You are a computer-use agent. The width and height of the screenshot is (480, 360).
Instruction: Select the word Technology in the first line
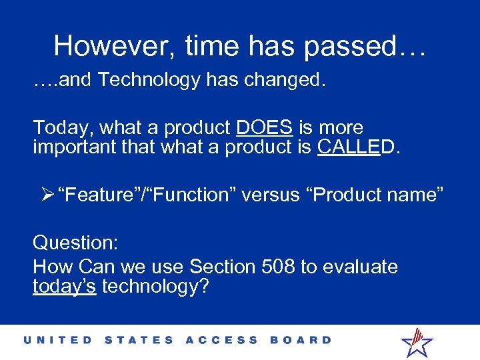click(x=149, y=80)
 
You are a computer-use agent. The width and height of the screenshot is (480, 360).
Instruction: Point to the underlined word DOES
click(x=265, y=127)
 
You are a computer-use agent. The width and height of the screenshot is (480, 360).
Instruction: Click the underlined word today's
click(x=65, y=287)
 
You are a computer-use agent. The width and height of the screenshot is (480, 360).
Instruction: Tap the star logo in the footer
click(x=417, y=342)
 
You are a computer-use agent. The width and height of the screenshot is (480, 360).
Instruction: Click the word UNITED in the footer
click(x=58, y=340)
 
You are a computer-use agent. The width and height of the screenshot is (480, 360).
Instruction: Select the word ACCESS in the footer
click(x=221, y=340)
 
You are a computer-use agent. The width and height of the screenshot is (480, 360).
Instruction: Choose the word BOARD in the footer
click(x=301, y=340)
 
